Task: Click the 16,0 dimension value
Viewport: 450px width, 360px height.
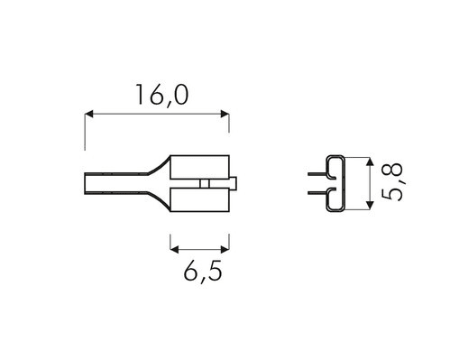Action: (x=162, y=96)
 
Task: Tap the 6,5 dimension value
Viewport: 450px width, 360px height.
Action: (x=203, y=271)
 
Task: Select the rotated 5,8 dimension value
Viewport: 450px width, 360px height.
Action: (x=392, y=181)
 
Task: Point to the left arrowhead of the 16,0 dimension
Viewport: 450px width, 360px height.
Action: (x=89, y=114)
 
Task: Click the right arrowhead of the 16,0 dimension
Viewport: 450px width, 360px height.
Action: (x=225, y=114)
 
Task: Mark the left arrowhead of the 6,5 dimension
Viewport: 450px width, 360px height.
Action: (x=175, y=249)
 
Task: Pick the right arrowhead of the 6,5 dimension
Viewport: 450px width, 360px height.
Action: (x=225, y=249)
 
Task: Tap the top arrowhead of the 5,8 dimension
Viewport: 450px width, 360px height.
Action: (x=371, y=162)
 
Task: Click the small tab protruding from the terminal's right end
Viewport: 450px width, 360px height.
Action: (x=234, y=183)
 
